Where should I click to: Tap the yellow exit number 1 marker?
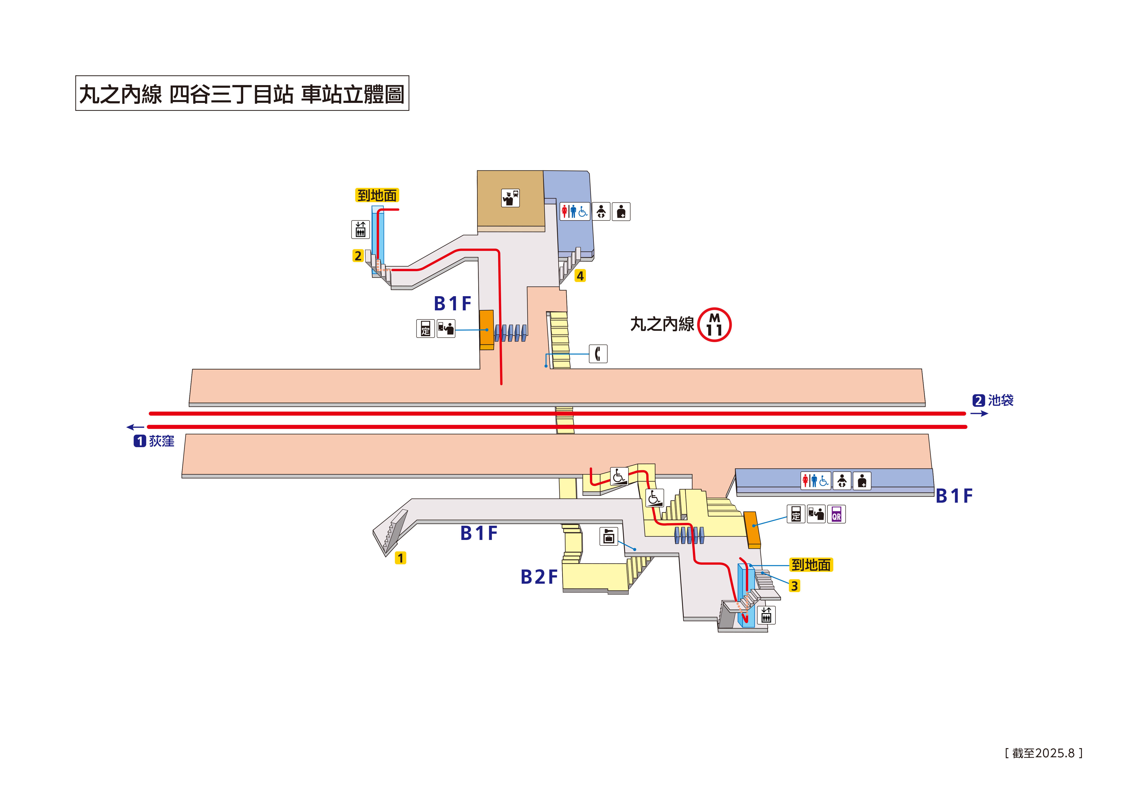[x=400, y=558]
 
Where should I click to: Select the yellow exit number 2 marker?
[x=358, y=256]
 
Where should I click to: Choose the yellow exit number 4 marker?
[x=580, y=276]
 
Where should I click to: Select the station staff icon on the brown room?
[x=510, y=198]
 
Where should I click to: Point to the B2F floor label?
[x=539, y=577]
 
